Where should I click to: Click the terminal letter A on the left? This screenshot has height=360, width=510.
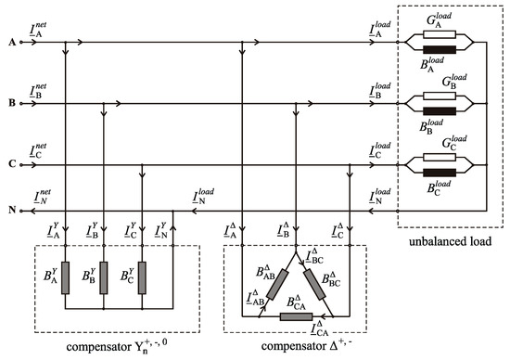[x=11, y=42]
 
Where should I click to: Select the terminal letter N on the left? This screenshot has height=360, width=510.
[x=11, y=210]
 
